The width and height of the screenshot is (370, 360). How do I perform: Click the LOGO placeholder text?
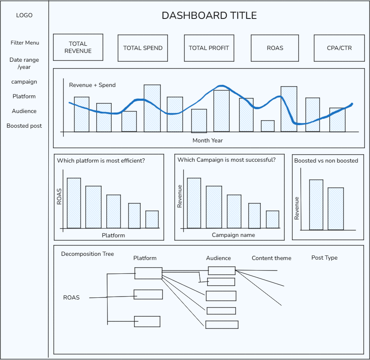[x=24, y=16]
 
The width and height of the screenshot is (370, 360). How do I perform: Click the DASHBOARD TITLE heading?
[x=209, y=16]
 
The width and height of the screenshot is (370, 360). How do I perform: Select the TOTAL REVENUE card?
[x=78, y=47]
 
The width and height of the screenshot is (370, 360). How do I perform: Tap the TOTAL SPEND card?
[x=143, y=48]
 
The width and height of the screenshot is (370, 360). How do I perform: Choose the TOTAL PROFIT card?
[x=209, y=48]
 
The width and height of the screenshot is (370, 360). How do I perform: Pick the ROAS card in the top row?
[x=275, y=48]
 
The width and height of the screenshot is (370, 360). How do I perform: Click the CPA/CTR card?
[x=339, y=48]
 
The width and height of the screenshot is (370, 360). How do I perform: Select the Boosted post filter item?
[x=24, y=126]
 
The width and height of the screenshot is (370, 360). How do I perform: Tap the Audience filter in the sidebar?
[x=24, y=111]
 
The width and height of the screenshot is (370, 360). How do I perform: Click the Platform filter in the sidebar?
[x=24, y=97]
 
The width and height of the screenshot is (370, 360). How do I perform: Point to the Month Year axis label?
[x=207, y=140]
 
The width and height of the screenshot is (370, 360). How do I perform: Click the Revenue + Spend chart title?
[x=92, y=85]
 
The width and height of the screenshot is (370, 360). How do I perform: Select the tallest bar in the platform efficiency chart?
[x=74, y=203]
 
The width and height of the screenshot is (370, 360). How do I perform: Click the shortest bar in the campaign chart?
[x=273, y=219]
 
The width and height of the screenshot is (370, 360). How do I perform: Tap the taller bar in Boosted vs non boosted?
[x=316, y=205]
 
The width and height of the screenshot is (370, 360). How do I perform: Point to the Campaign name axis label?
[x=234, y=235]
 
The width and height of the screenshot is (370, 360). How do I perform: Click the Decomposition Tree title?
[x=87, y=254]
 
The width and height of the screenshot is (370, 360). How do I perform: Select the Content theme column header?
[x=271, y=258]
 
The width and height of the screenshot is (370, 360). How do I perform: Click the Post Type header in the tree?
[x=324, y=258]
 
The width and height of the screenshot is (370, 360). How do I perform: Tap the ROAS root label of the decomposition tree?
[x=71, y=298]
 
